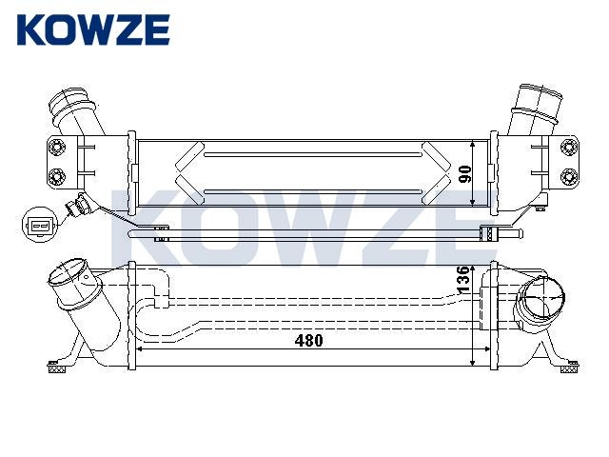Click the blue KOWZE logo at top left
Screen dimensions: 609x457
(x=93, y=30)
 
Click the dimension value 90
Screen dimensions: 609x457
(x=464, y=173)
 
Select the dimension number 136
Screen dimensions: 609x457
(x=463, y=280)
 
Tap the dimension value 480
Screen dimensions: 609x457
(x=308, y=341)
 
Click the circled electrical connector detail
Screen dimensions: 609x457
(x=40, y=225)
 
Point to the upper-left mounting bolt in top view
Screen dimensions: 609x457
(x=57, y=148)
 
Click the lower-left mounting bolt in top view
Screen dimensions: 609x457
(x=57, y=177)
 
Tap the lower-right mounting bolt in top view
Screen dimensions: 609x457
(x=569, y=177)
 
